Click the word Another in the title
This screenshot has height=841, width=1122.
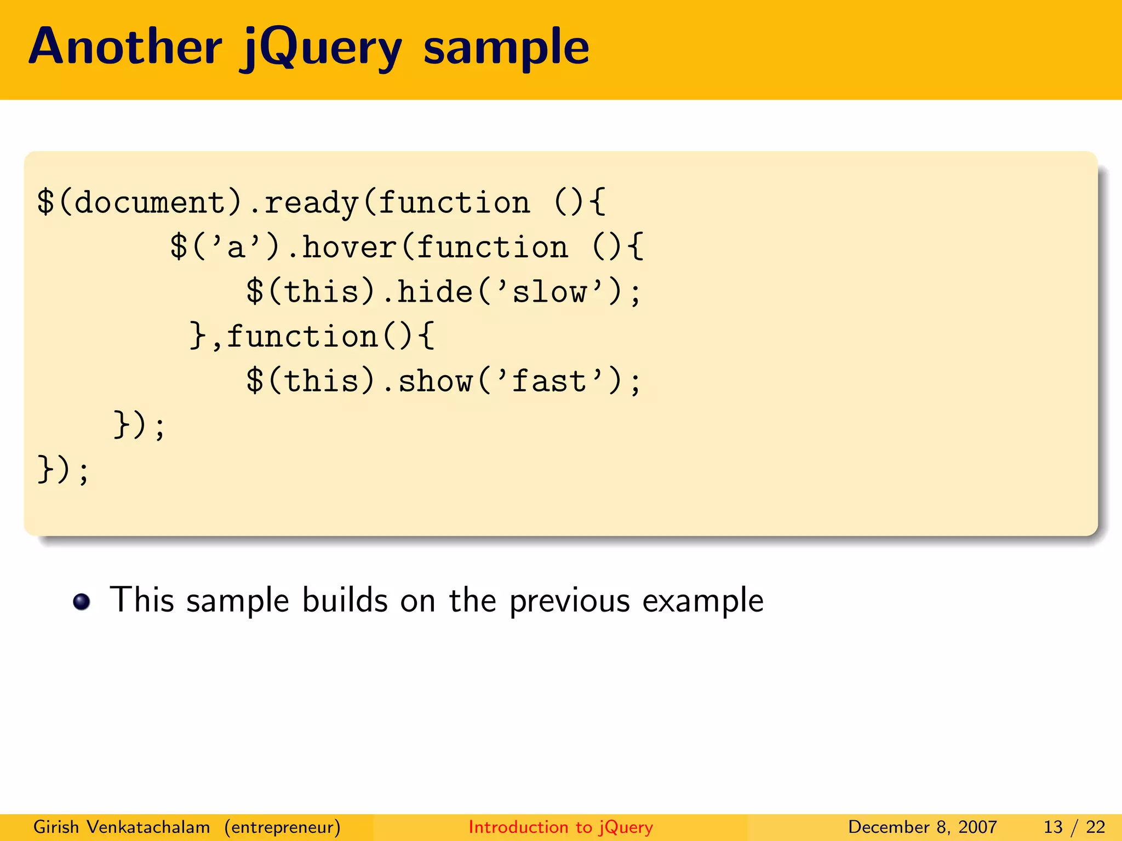click(x=125, y=47)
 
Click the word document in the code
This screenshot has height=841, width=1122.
click(x=150, y=203)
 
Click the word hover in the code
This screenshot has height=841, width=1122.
click(x=350, y=247)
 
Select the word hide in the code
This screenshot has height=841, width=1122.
click(x=434, y=291)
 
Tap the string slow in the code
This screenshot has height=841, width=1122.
click(x=549, y=292)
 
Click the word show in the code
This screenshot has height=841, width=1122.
click(x=435, y=381)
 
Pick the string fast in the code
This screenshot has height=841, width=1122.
click(x=549, y=381)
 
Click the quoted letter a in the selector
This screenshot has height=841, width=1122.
click(x=235, y=247)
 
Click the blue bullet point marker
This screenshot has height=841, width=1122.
click(x=82, y=601)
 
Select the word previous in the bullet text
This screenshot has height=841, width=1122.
click(x=570, y=601)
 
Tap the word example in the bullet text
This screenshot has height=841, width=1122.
click(x=702, y=601)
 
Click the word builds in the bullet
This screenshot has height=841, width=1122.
click(x=345, y=600)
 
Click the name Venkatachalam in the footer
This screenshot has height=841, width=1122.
click(x=148, y=827)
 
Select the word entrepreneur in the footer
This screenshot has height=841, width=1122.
click(x=283, y=827)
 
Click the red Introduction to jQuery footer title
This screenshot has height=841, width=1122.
click(x=560, y=827)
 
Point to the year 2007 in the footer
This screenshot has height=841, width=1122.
click(x=977, y=827)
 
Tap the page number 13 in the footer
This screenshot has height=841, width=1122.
click(x=1053, y=827)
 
